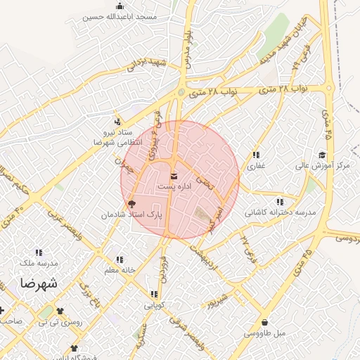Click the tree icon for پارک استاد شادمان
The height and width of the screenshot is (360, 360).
tap(131, 204)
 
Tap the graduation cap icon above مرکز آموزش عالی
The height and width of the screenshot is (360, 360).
tap(322, 155)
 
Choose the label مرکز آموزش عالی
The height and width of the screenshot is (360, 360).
tap(322, 166)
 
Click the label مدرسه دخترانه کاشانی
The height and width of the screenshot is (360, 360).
tap(280, 212)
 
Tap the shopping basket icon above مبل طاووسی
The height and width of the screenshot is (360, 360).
tap(264, 323)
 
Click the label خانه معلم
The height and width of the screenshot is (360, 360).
tap(118, 271)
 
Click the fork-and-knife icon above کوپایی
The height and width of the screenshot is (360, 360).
tap(153, 295)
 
